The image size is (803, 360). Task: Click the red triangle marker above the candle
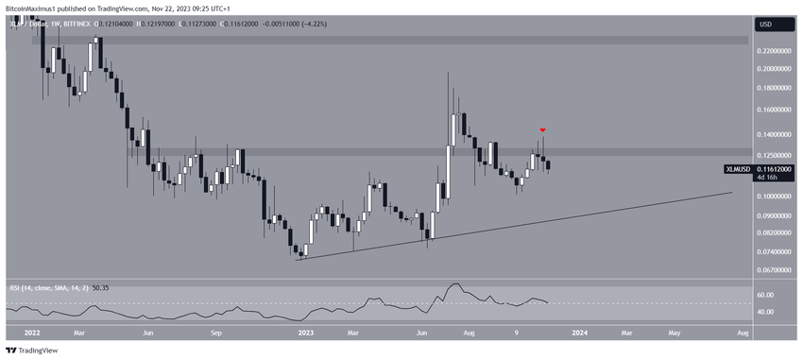(542, 129)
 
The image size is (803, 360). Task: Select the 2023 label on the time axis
(306, 332)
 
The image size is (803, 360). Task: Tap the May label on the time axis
(674, 332)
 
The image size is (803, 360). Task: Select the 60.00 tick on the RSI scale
(765, 295)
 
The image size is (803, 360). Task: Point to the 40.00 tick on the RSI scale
(765, 312)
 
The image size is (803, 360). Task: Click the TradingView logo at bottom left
(33, 351)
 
